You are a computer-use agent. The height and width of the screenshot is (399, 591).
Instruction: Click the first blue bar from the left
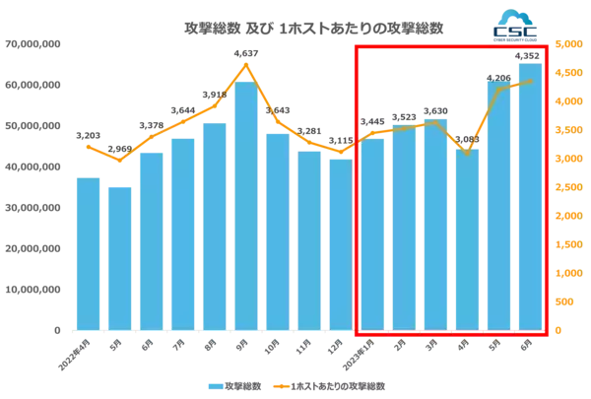click(87, 251)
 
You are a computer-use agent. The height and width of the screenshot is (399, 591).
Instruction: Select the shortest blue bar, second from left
click(118, 255)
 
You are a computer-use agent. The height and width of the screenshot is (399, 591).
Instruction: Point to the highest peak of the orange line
click(245, 64)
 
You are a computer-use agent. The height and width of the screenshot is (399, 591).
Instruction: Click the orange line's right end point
click(532, 80)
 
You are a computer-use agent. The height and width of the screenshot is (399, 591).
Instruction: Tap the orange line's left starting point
click(86, 145)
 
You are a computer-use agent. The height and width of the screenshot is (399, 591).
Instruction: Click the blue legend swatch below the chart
click(213, 386)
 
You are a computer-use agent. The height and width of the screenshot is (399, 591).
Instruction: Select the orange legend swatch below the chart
click(281, 386)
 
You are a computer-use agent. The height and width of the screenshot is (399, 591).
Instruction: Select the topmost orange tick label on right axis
click(565, 46)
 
